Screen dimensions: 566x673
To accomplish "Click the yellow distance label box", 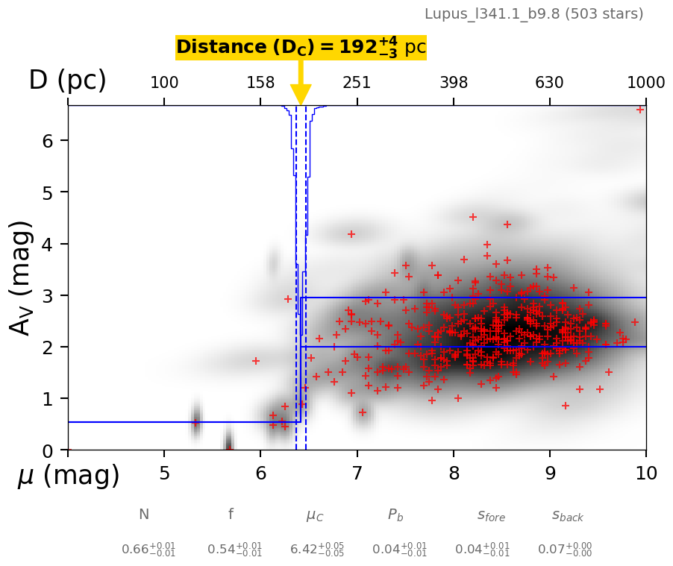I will (301, 48).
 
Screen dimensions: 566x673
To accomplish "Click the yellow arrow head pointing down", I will (301, 95).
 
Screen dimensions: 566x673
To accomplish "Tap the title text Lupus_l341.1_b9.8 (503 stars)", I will (533, 13).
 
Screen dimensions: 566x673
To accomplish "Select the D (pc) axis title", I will (67, 81).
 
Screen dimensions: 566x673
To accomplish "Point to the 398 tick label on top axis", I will (454, 83).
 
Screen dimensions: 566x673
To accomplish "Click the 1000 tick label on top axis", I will (645, 83).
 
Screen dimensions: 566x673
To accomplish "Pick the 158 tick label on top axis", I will (260, 83).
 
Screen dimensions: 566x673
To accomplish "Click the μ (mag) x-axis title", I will (68, 476).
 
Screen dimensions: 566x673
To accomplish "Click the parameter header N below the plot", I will (144, 515).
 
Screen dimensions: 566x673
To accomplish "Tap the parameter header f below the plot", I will (231, 515).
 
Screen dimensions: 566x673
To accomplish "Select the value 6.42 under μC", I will (316, 550).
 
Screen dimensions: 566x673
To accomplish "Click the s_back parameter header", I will (567, 515).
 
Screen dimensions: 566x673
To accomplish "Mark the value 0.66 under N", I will (148, 550).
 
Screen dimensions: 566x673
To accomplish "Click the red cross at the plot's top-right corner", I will (640, 110).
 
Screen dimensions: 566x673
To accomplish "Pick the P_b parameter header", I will (395, 515).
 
